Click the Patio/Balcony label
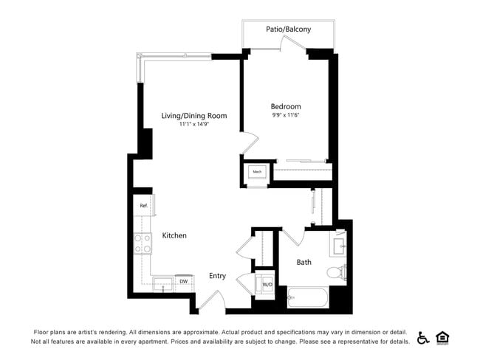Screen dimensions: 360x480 pos(288,30)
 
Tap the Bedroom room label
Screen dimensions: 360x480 pos(286,106)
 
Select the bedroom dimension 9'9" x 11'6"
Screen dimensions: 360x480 pos(286,115)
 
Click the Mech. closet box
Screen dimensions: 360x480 pos(257,173)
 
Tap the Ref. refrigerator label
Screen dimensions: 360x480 pos(143,205)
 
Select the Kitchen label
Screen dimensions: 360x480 pos(174,235)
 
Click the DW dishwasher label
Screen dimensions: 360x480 pos(182,281)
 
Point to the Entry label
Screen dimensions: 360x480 pos(217,276)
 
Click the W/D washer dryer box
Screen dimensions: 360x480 pos(267,284)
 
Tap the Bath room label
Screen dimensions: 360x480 pos(304,262)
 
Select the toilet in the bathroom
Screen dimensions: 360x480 pos(336,272)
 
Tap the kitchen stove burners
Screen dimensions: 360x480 pos(142,243)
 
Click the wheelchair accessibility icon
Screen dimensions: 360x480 pos(423,338)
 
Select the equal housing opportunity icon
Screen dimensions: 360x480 pos(443,338)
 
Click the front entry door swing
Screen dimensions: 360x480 pos(212,300)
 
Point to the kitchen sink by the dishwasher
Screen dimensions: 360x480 pos(164,283)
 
